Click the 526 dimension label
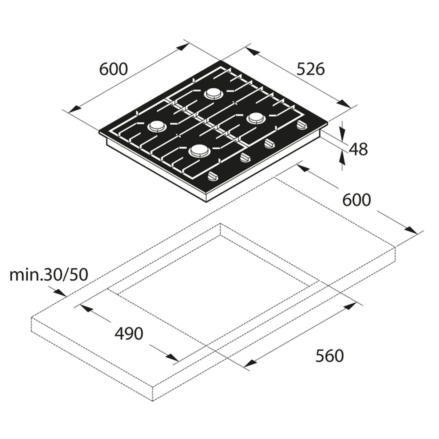pyautogui.click(x=310, y=69)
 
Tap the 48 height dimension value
pyautogui.click(x=358, y=149)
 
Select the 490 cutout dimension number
pyautogui.click(x=129, y=334)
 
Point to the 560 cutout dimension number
pyautogui.click(x=329, y=356)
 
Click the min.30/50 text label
pyautogui.click(x=49, y=275)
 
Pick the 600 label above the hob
pyautogui.click(x=113, y=69)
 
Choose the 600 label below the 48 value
pyautogui.click(x=356, y=200)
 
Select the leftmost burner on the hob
pyautogui.click(x=157, y=126)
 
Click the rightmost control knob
pyautogui.click(x=302, y=125)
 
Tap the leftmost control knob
pyautogui.click(x=214, y=176)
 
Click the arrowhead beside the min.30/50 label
pyautogui.click(x=60, y=292)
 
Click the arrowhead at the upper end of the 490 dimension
pyautogui.click(x=86, y=308)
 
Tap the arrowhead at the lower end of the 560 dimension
pyautogui.click(x=251, y=363)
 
